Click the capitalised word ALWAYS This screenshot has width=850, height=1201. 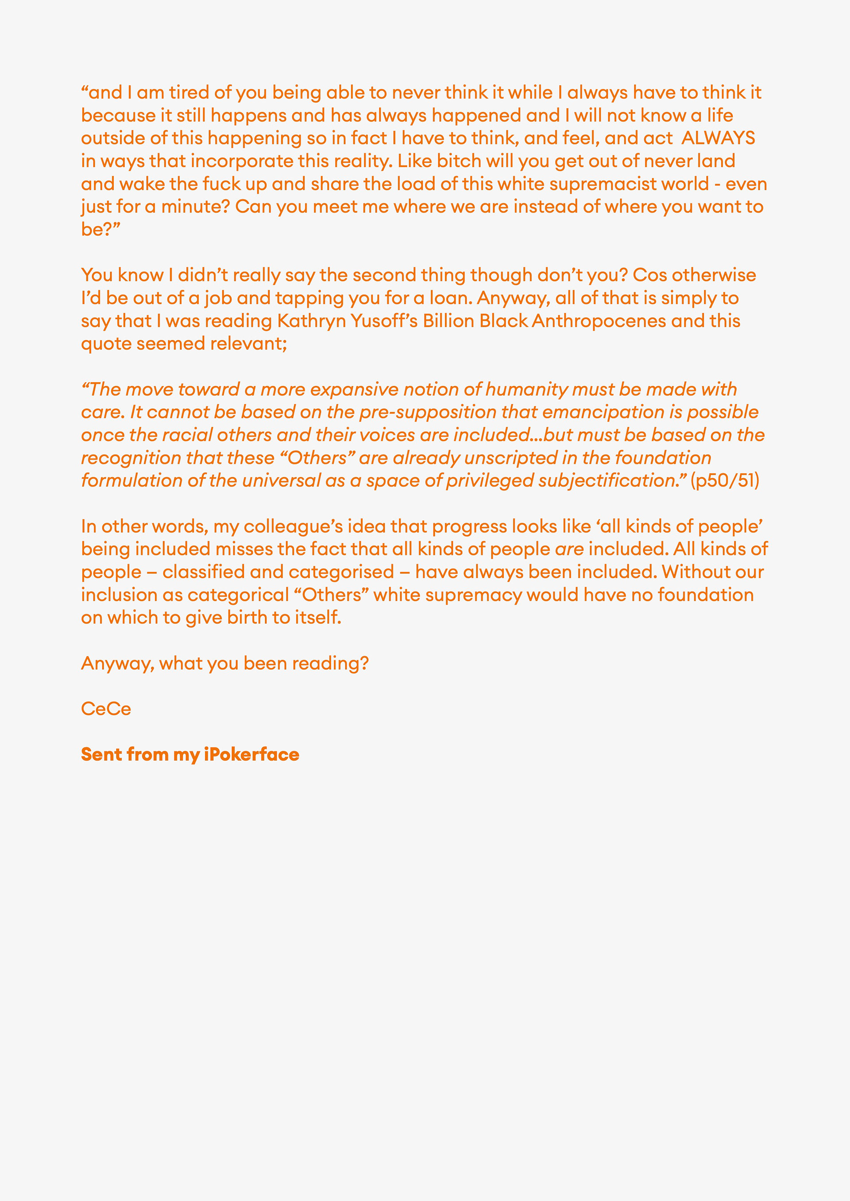[x=718, y=138]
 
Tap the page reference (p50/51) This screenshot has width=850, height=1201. [x=724, y=481]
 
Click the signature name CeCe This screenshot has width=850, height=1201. [x=106, y=709]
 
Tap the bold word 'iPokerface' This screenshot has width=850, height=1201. [x=251, y=755]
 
